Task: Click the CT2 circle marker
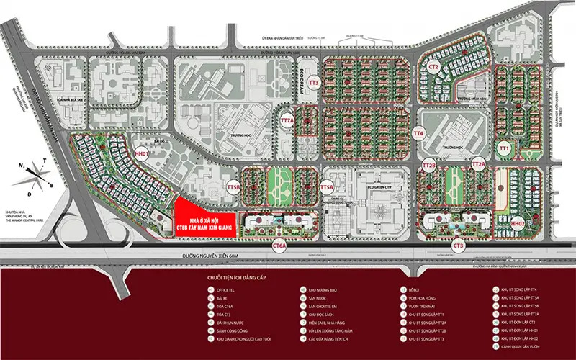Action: tap(433, 66)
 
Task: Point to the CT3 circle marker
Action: tap(459, 246)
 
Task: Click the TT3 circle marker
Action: tap(312, 84)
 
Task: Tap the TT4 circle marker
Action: tap(419, 134)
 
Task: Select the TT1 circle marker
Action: tap(505, 148)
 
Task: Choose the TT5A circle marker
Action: tap(327, 187)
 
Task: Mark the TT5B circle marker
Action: tap(233, 187)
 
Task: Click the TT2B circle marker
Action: tap(429, 166)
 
